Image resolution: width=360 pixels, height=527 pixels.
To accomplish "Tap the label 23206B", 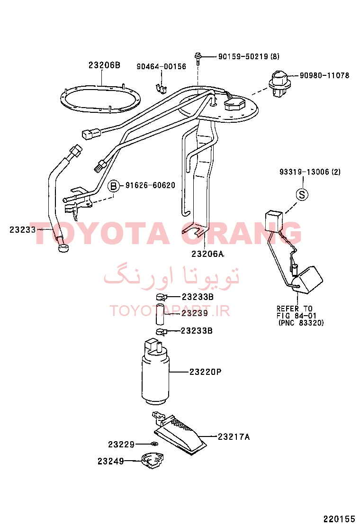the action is tap(104, 65).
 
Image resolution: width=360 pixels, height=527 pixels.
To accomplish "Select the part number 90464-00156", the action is tap(161, 66).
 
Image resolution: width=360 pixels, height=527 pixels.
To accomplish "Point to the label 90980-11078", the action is tap(324, 75).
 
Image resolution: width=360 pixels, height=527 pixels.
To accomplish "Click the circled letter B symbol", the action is tap(114, 185).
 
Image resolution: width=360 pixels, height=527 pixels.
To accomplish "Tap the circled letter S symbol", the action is tap(302, 194).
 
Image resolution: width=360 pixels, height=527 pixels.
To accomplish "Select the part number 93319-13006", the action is tap(304, 172).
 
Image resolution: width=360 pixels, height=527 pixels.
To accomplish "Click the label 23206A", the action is tap(207, 254).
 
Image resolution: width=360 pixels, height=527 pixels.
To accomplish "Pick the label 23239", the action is tap(195, 313).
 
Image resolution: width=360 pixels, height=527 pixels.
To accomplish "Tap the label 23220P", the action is tap(205, 372).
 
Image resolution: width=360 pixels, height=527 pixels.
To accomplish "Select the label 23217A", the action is tap(234, 437).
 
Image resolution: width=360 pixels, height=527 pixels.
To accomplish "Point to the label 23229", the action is tap(121, 445).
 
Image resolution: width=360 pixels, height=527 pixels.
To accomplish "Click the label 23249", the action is tap(111, 461).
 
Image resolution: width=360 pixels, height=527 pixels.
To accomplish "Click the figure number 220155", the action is tap(339, 518).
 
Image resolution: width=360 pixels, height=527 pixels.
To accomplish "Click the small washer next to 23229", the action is tap(154, 445).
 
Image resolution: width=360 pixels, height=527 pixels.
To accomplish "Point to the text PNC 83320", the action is tap(301, 323).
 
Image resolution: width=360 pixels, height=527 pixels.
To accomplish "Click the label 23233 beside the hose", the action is tap(23, 230).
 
